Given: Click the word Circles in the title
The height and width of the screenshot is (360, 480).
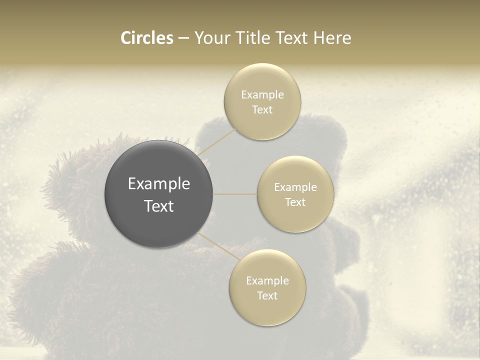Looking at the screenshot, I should pos(147,38).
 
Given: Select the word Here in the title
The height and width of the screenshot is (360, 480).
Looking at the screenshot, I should pos(332,38).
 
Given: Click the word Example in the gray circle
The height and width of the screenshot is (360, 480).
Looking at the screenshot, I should pos(159,184).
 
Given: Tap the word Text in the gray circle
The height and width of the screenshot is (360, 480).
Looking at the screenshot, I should pos(159,206).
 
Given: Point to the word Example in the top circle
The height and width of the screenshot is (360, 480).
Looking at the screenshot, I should pos(262,95).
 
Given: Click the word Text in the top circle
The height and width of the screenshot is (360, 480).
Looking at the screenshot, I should pos(262,110).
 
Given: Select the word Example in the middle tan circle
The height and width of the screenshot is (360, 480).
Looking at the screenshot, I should pos(295,187).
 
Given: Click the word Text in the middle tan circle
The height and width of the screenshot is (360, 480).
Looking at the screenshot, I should pos(295,202).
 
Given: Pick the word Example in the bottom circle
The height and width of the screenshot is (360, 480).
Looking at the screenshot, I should pos(267,281).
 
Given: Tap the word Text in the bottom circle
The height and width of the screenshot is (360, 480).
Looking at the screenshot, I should pos(267,296).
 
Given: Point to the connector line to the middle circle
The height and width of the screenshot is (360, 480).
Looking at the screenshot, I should pos(235,194).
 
